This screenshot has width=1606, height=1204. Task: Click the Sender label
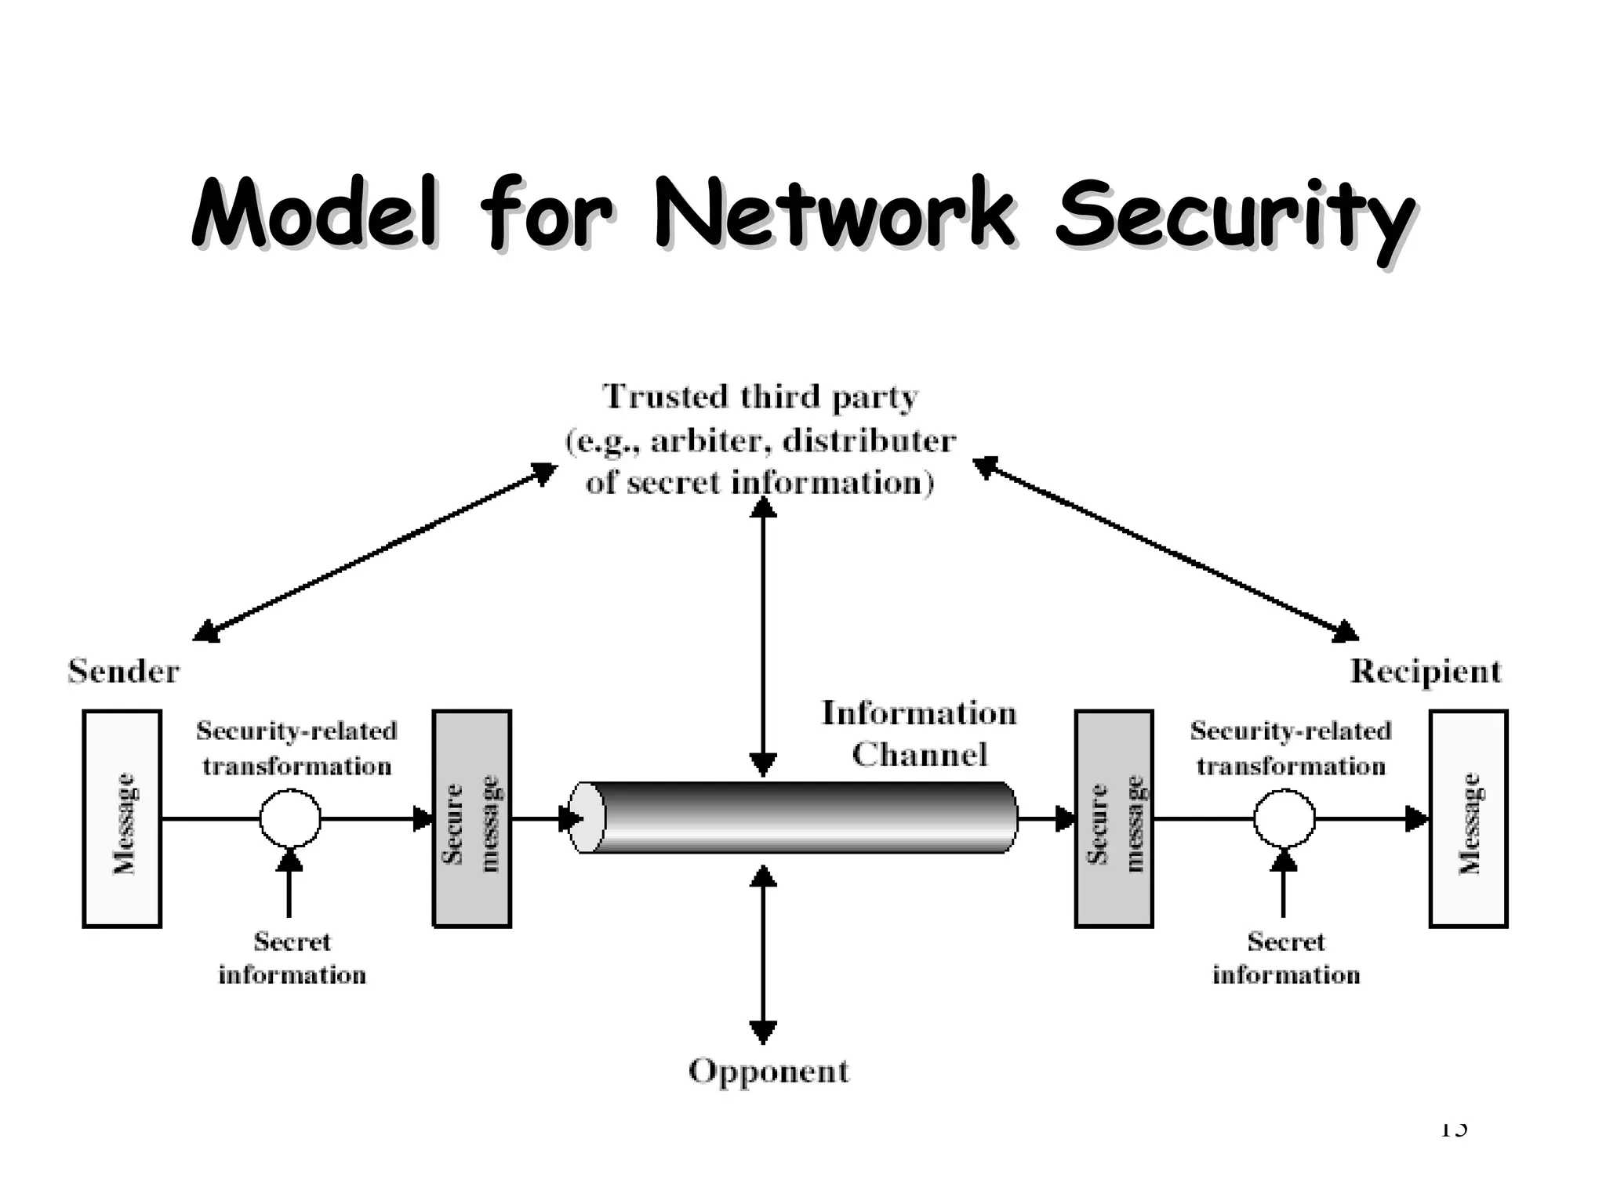click(124, 672)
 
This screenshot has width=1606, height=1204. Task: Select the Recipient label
click(1425, 672)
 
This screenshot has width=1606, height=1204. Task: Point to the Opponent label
click(768, 1071)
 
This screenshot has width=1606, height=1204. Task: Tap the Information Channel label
click(918, 734)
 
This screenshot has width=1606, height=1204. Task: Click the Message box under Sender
click(122, 819)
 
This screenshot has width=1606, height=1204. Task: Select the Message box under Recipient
click(1468, 819)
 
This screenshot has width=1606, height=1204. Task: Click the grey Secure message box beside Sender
click(472, 819)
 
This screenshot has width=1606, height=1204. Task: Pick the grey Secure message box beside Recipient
click(1114, 819)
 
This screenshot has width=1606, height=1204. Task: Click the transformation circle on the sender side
click(290, 819)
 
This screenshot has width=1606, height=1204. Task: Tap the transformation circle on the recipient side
click(1284, 819)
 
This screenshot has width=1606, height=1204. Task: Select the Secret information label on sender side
click(292, 958)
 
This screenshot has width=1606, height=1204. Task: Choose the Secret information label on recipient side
click(1285, 958)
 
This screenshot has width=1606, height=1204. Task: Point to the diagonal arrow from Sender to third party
click(375, 552)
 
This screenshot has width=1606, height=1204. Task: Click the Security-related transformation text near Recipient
click(1290, 748)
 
